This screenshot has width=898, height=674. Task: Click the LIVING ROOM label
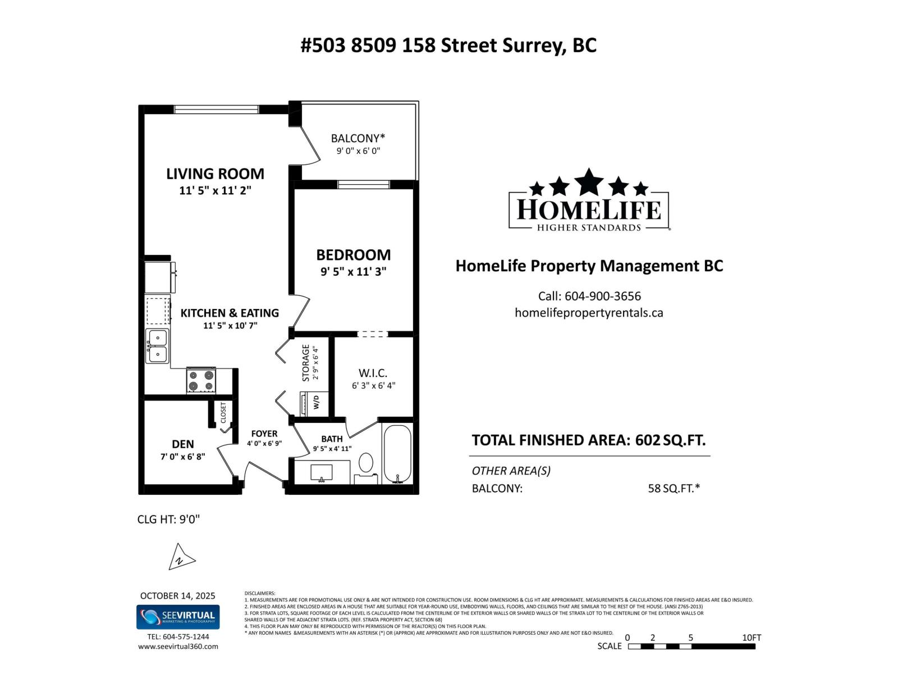pyautogui.click(x=215, y=174)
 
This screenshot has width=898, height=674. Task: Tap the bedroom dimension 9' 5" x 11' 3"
pyautogui.click(x=353, y=272)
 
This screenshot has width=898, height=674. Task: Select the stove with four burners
pyautogui.click(x=201, y=380)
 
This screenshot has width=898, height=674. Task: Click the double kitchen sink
pyautogui.click(x=158, y=346)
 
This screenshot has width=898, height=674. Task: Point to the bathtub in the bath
pyautogui.click(x=397, y=454)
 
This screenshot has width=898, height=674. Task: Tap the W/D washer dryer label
pyautogui.click(x=316, y=403)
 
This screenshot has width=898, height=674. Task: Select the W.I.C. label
pyautogui.click(x=373, y=374)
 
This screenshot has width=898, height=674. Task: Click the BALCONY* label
pyautogui.click(x=358, y=138)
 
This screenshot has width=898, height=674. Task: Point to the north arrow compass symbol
pyautogui.click(x=181, y=557)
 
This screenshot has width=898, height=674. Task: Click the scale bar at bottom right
pyautogui.click(x=691, y=646)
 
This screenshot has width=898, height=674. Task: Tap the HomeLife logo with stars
pyautogui.click(x=589, y=201)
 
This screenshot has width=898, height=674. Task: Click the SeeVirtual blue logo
pyautogui.click(x=178, y=617)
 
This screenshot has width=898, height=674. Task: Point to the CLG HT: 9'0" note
pyautogui.click(x=168, y=519)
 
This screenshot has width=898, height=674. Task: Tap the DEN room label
pyautogui.click(x=183, y=444)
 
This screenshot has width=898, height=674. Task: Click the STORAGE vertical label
pyautogui.click(x=306, y=363)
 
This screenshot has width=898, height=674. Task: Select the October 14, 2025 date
pyautogui.click(x=177, y=596)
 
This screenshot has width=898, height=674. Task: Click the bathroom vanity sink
pyautogui.click(x=322, y=472)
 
